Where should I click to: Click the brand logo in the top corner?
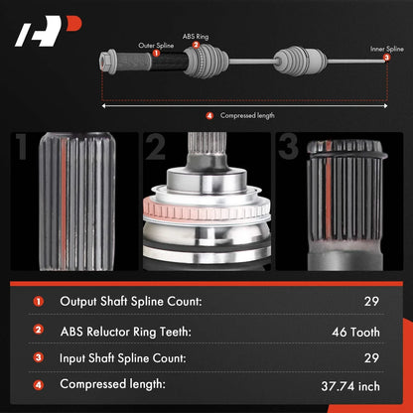(x=48, y=31)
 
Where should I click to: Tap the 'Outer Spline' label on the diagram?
(x=156, y=46)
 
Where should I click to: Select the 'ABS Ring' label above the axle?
(x=196, y=37)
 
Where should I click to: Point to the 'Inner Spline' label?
(x=387, y=49)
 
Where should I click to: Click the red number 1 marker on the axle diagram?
(x=156, y=53)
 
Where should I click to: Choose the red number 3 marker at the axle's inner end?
(x=386, y=58)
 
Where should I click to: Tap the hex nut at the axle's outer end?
(x=107, y=62)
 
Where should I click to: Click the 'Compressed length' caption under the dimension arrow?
(x=247, y=115)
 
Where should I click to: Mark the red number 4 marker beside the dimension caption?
(x=209, y=116)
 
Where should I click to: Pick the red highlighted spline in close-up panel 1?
(x=64, y=202)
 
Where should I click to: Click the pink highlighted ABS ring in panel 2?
(x=206, y=209)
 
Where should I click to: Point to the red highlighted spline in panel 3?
(x=329, y=196)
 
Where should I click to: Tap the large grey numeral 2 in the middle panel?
(x=155, y=147)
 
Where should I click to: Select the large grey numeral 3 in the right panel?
(x=288, y=146)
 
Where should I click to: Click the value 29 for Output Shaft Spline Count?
(x=371, y=301)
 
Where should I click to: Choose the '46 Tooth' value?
(x=355, y=332)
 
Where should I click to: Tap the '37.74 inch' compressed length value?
(x=350, y=386)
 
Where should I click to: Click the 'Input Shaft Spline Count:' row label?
(x=123, y=358)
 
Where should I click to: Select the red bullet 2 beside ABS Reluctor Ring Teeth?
(x=39, y=330)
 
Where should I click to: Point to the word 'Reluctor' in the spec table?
(x=108, y=332)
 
